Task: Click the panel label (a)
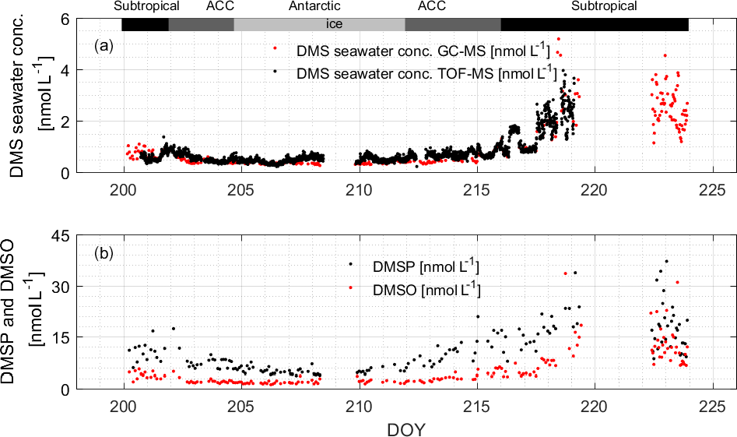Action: click(104, 46)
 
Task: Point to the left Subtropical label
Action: click(146, 7)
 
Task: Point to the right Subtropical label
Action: click(604, 7)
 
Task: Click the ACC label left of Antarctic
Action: click(220, 7)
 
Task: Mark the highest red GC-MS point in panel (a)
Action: click(558, 39)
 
